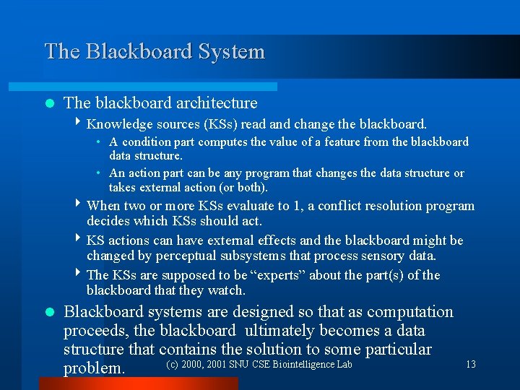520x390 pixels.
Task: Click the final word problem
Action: coord(94,368)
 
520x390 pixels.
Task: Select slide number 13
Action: coord(471,365)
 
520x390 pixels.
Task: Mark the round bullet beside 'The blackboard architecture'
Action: coord(49,104)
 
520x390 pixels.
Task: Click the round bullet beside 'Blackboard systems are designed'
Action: coord(49,313)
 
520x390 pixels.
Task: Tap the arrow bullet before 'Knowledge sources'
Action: coord(78,123)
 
